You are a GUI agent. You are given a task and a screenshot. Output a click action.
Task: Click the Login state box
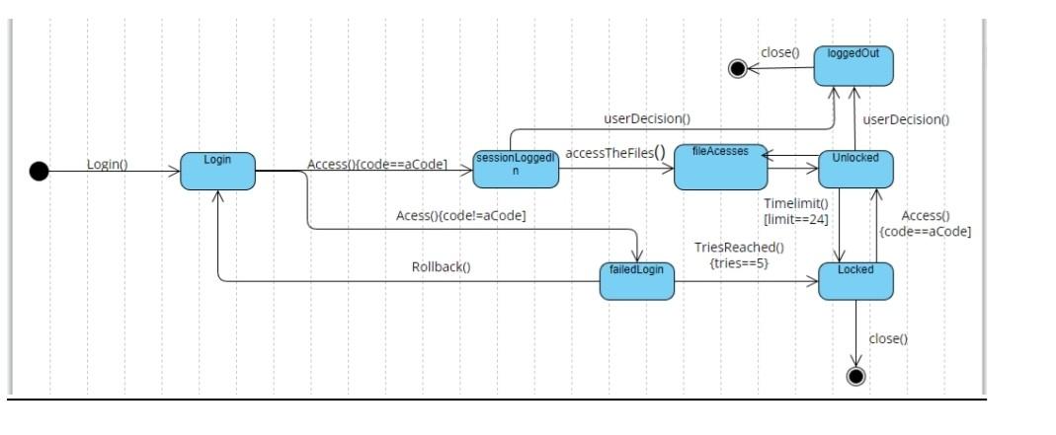point(217,170)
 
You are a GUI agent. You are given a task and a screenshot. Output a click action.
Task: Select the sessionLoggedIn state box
point(516,169)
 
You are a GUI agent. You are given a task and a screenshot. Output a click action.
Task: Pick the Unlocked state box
point(855,169)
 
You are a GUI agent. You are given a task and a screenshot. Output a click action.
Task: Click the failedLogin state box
point(636,281)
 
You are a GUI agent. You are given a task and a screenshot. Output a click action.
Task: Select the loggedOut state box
point(854,64)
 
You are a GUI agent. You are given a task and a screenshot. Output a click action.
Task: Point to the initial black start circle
point(39,173)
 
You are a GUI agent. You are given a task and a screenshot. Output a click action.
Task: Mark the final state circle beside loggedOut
point(736,68)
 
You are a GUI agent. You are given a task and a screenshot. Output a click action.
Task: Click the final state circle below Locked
point(856,375)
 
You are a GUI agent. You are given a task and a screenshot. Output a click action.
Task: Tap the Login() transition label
point(107,164)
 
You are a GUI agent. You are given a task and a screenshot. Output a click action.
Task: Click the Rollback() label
point(441,266)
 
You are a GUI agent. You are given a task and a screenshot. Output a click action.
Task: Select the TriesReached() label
point(731,249)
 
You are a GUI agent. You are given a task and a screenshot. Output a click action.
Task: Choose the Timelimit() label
point(795,203)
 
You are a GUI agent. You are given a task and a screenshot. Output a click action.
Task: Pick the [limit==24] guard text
point(795,218)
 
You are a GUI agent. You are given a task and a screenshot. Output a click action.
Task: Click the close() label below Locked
point(888,338)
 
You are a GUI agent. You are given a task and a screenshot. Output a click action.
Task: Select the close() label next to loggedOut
point(780,51)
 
